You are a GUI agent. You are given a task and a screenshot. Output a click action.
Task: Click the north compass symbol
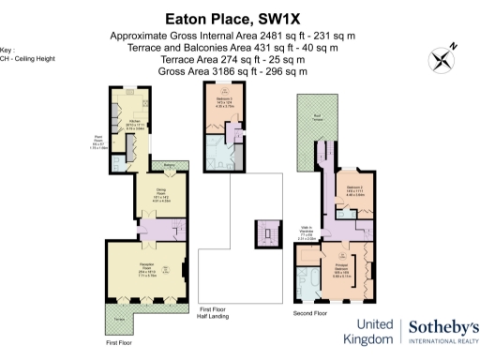point(441,58)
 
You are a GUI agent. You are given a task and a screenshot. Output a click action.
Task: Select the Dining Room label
point(147,199)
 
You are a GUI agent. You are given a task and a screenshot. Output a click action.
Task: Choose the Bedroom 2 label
point(353,192)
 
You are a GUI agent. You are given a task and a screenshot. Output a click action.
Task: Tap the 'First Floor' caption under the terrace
point(119,343)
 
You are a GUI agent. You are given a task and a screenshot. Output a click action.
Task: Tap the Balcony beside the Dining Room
point(170,168)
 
